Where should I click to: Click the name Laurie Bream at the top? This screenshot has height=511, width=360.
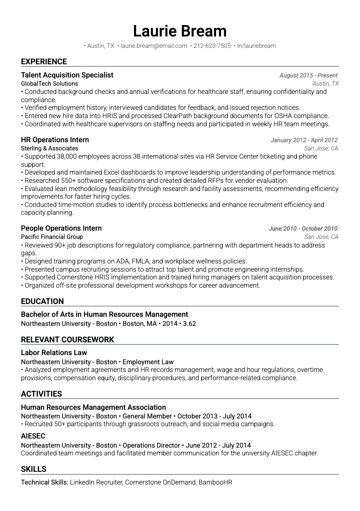point(180,31)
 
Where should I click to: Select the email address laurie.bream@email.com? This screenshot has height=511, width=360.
point(154,46)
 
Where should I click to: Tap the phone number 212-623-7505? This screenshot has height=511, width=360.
point(212,46)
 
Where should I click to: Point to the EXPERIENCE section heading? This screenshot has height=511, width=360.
point(44,62)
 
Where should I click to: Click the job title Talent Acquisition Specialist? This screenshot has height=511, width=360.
point(67,75)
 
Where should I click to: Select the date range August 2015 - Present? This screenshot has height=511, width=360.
point(309,76)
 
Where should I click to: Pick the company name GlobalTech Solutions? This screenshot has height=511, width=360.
point(49,84)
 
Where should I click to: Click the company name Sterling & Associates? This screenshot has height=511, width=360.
point(49,149)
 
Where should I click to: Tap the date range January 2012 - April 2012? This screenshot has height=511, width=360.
point(304,140)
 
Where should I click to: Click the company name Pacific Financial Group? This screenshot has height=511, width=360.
point(52,237)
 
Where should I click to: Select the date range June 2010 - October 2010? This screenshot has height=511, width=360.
point(303,229)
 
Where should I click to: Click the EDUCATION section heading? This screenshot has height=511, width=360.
point(42,301)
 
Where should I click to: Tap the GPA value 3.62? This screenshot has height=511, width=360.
point(190,324)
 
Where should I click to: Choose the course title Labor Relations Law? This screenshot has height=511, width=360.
point(54,353)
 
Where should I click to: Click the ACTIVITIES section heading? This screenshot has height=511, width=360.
point(41,394)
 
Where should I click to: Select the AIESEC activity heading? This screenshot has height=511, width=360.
point(33,436)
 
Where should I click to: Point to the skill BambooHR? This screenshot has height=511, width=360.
point(215,482)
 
